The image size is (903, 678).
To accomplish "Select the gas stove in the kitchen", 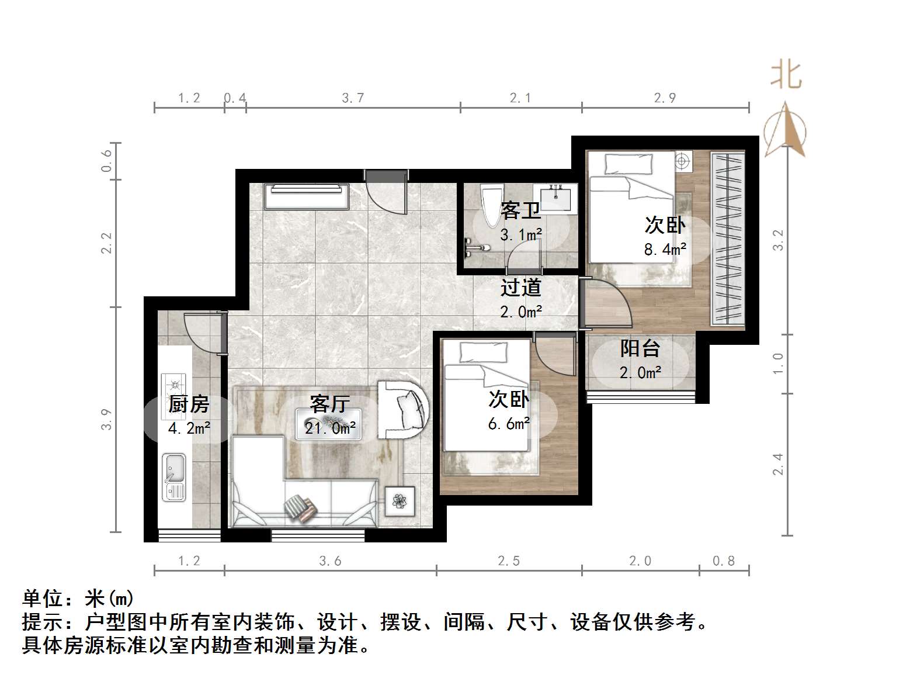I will [174, 385].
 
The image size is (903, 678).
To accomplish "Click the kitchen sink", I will [173, 477].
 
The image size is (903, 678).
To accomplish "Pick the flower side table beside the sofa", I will [400, 501].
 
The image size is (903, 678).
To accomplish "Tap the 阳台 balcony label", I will [640, 348].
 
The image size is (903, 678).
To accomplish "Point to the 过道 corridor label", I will [520, 288].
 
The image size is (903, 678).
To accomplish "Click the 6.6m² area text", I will [509, 424].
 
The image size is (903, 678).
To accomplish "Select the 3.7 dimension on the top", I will [353, 98].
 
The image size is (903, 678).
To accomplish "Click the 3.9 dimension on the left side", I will [106, 419].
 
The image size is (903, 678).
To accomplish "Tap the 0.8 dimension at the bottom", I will [723, 561].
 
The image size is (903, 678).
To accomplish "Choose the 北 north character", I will [786, 76].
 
